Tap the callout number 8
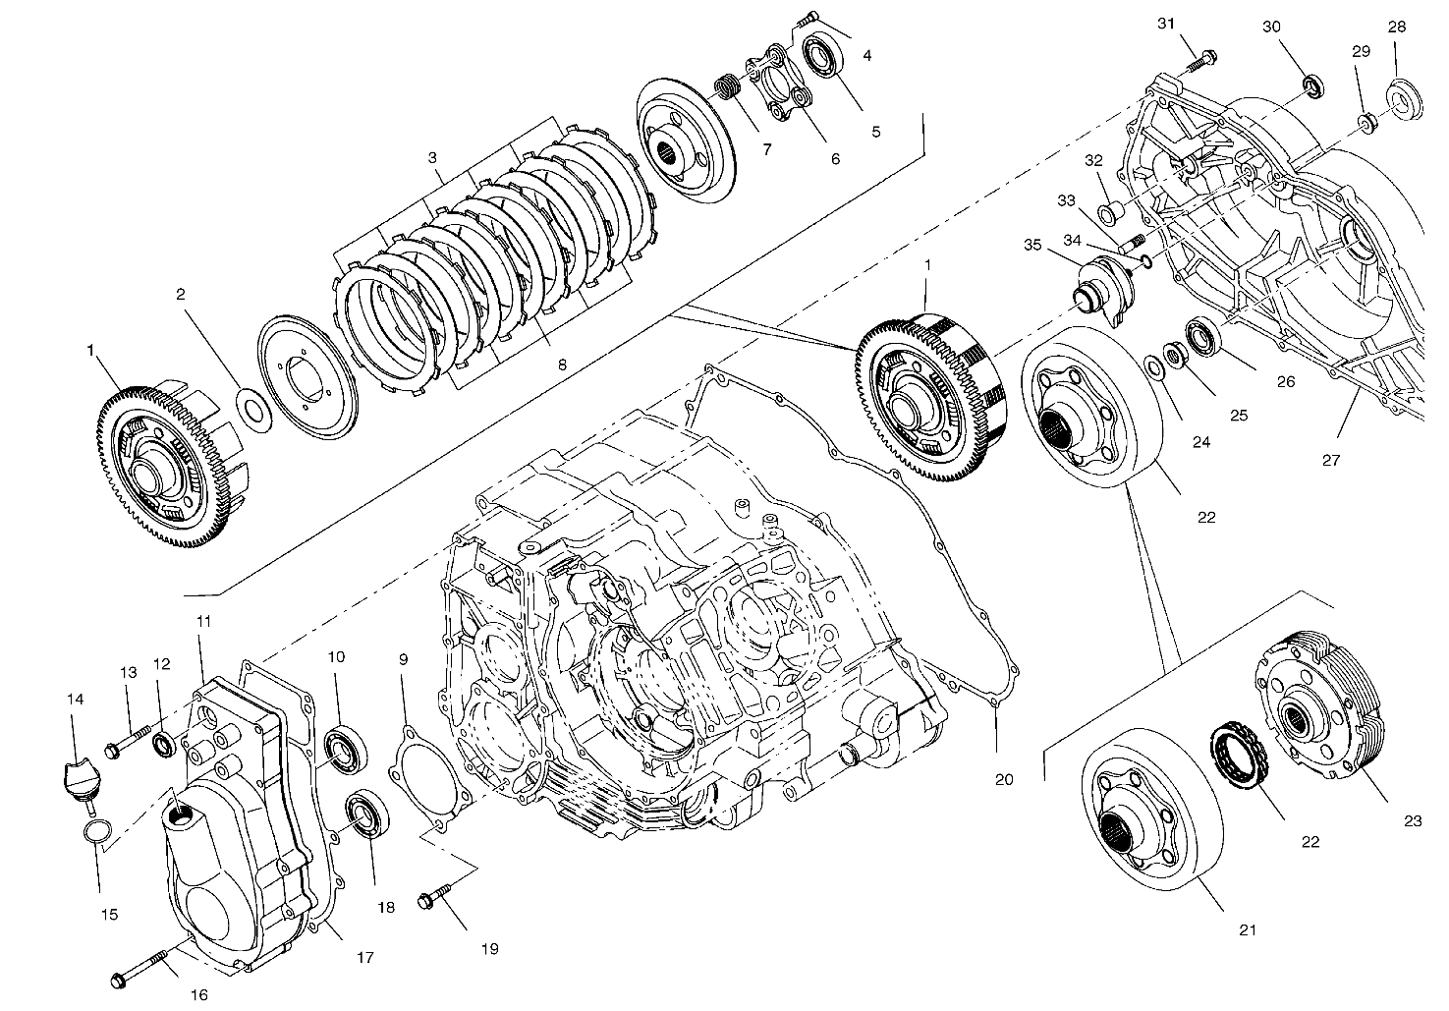[x=561, y=365]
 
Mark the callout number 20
[x=1002, y=779]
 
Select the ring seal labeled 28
[x=1402, y=98]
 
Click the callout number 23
[x=1413, y=821]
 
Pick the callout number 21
[x=1248, y=928]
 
